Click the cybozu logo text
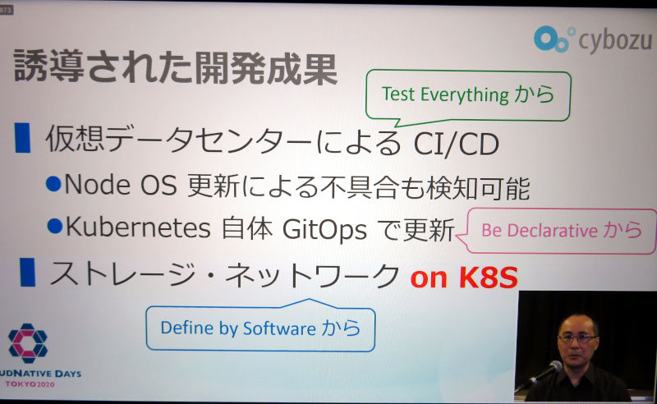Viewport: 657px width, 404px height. pos(615,42)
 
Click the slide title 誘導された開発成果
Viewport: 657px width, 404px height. pos(176,67)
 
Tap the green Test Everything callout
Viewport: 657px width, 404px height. pos(468,96)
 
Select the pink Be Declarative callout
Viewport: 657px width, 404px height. pos(558,231)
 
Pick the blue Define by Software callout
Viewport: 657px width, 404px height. pos(260,327)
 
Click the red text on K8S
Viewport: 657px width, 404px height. pos(464,277)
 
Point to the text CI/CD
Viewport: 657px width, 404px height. pos(457,145)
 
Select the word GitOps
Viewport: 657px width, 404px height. pos(324,230)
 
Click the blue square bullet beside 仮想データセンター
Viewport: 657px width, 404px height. pos(23,138)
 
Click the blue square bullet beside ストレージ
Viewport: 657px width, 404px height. pos(28,273)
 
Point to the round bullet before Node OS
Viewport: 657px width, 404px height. pos(53,184)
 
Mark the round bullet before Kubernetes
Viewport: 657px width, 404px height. pos(55,226)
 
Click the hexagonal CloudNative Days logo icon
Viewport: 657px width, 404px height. pos(28,343)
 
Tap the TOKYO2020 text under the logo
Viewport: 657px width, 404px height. pos(30,384)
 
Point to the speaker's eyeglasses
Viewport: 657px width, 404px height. pos(577,337)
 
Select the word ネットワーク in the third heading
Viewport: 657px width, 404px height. pos(311,275)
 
